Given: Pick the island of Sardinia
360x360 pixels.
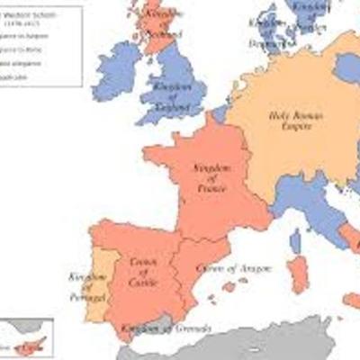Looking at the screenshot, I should pyautogui.click(x=298, y=274).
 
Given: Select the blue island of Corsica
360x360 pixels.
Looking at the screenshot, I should pyautogui.click(x=295, y=240).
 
